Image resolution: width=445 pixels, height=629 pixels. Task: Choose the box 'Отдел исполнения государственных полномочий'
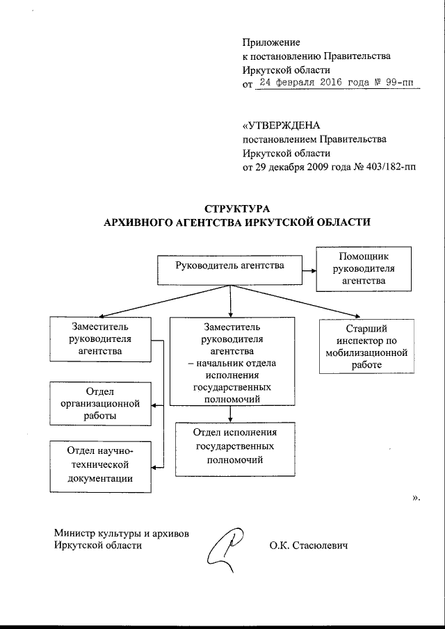[x=229, y=448]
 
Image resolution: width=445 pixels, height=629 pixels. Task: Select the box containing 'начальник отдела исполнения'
[x=229, y=361]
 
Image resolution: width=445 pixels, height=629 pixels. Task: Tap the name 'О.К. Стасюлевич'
[x=308, y=546]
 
